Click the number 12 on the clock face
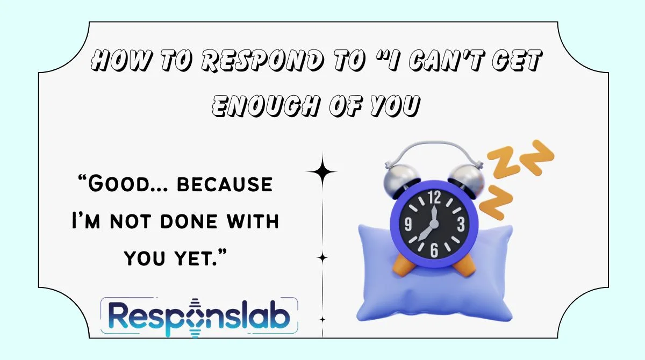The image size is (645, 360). [434, 198]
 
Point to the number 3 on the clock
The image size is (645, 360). [461, 224]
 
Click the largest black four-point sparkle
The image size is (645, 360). [322, 172]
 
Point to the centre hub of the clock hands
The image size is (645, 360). [434, 224]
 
